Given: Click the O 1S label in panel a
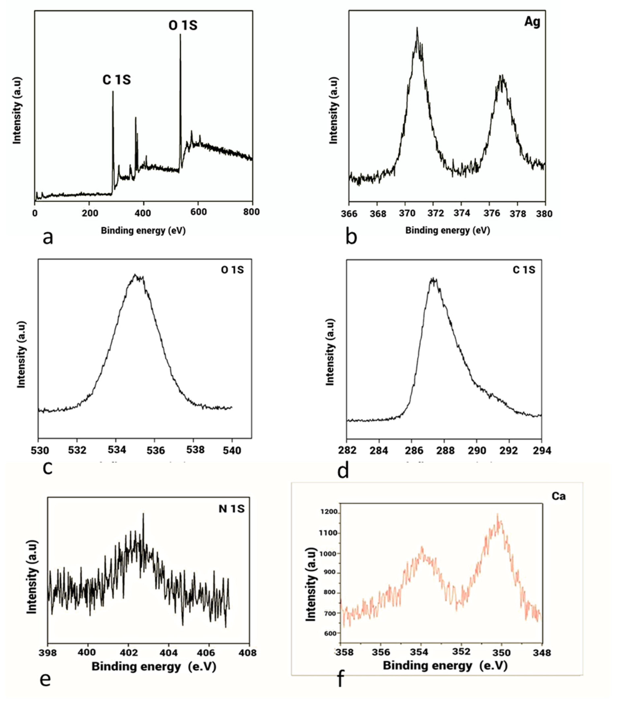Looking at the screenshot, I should point(183,26).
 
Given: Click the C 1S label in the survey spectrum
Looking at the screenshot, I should point(117,80).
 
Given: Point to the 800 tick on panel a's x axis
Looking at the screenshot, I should point(251,212).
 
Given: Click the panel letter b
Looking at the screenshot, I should point(351,237).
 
